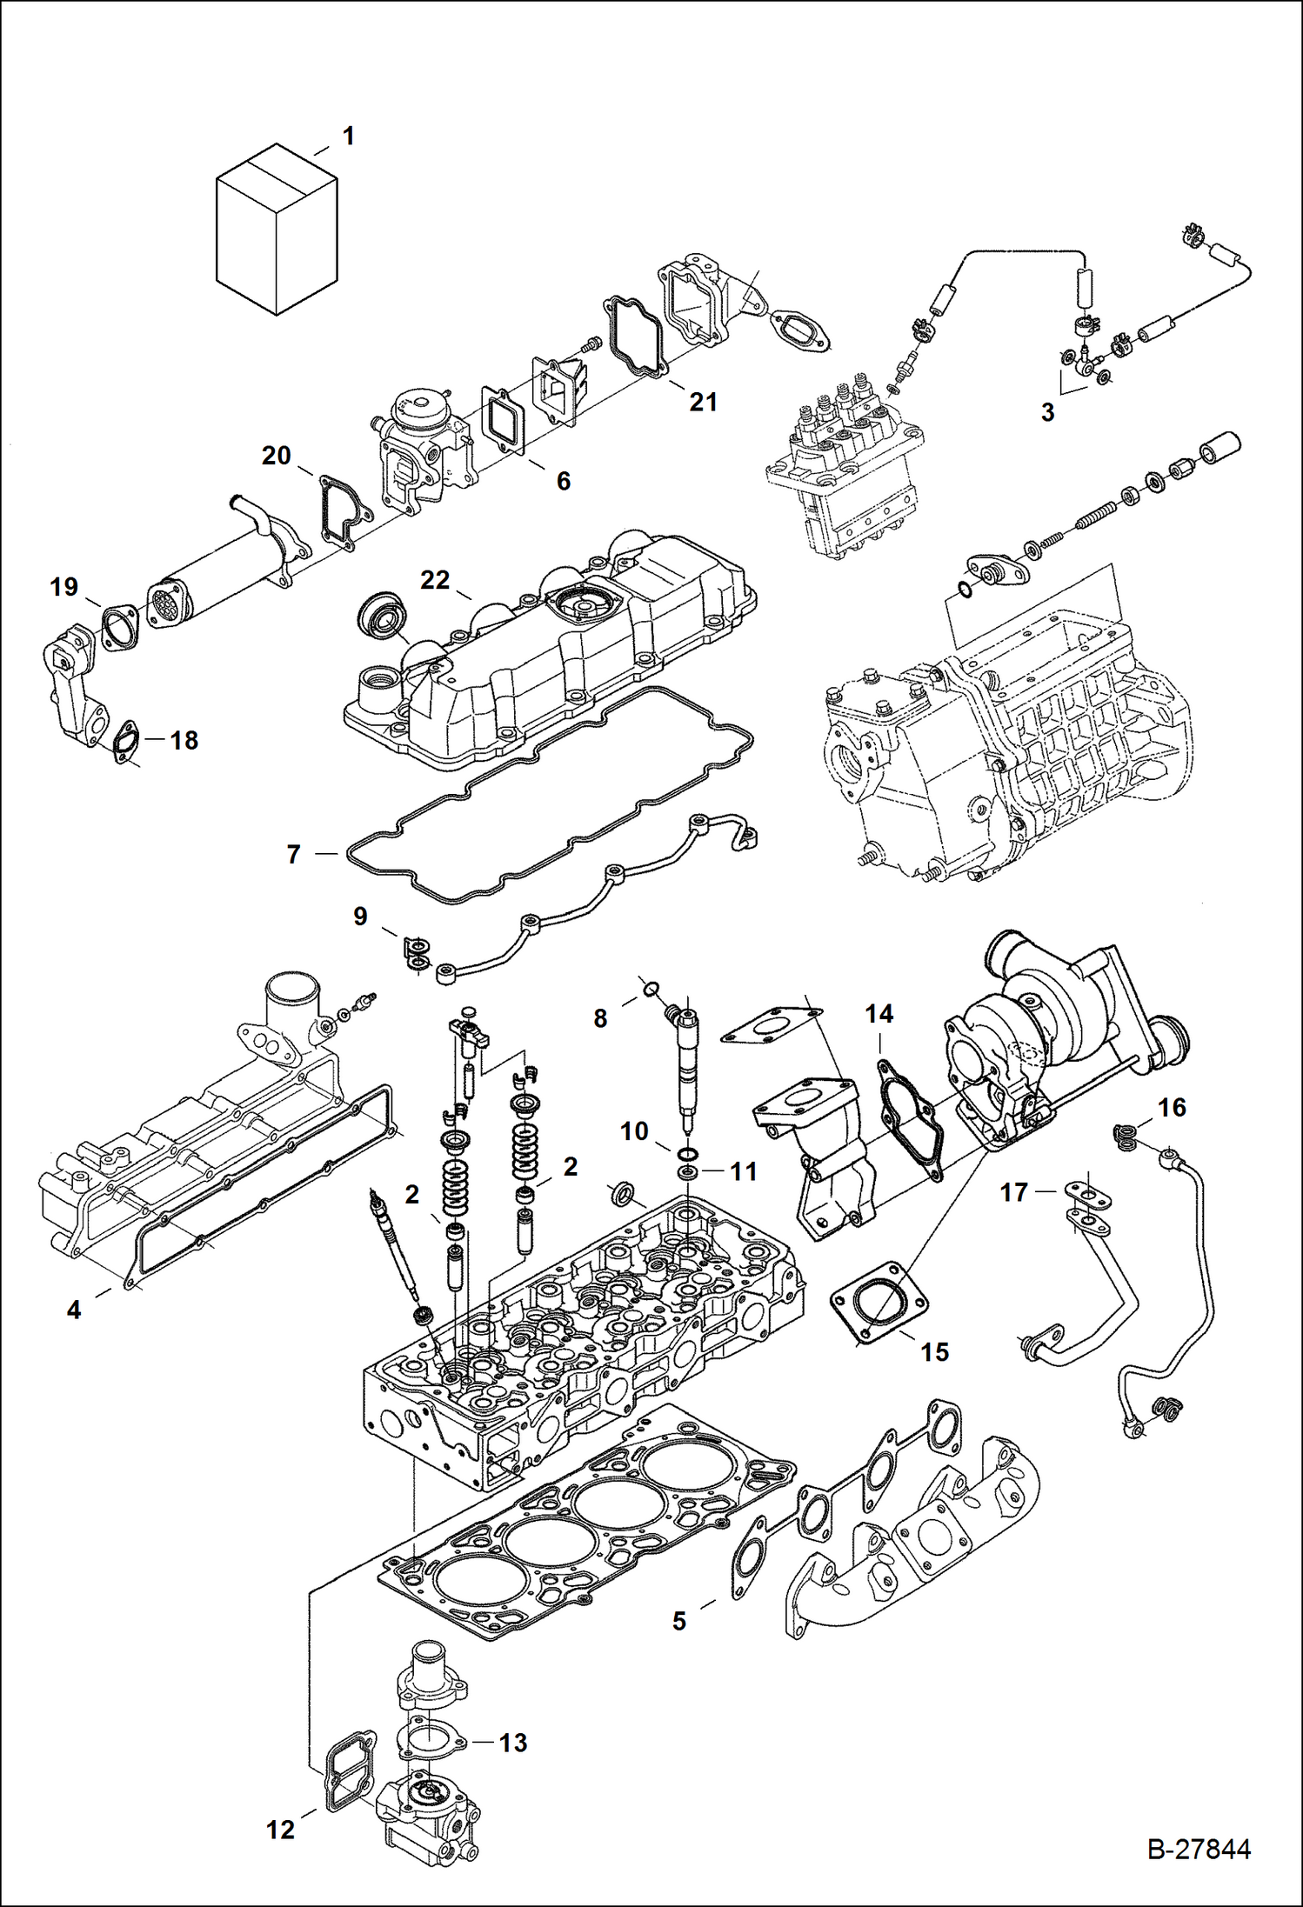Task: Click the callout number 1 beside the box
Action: pyautogui.click(x=349, y=136)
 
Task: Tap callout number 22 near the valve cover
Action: pyautogui.click(x=435, y=580)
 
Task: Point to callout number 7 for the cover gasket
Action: pyautogui.click(x=294, y=855)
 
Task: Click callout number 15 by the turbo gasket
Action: pyautogui.click(x=934, y=1351)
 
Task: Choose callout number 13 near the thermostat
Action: pyautogui.click(x=512, y=1742)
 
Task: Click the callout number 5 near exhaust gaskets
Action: pyautogui.click(x=679, y=1621)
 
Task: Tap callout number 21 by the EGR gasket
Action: pyautogui.click(x=703, y=402)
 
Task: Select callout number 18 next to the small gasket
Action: pyautogui.click(x=184, y=740)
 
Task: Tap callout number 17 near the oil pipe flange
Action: pyautogui.click(x=1014, y=1192)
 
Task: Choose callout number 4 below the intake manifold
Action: pyautogui.click(x=74, y=1310)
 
